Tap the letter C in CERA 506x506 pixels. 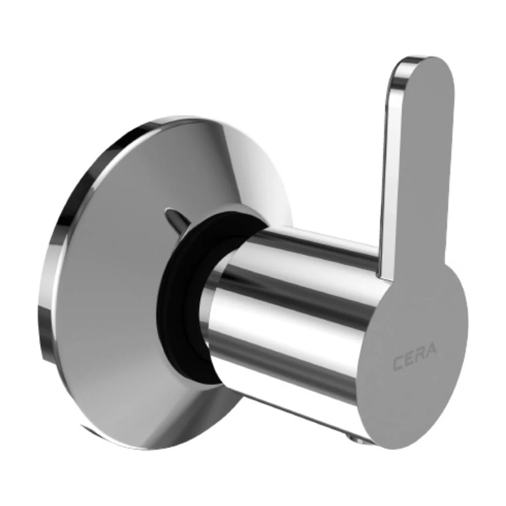398,364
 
